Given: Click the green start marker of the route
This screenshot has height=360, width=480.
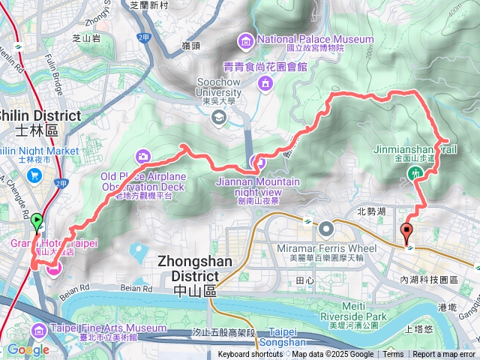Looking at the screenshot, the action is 36,222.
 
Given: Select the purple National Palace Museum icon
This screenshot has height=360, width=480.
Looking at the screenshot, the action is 245,39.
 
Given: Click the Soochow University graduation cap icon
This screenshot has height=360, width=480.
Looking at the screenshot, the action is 218,116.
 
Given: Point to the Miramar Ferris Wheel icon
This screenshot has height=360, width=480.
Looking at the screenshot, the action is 325,228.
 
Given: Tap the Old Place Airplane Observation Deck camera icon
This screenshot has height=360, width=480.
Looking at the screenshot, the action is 142,156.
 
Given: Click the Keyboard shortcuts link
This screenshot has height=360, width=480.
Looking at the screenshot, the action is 250,355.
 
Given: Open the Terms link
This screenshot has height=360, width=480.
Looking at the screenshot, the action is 392,355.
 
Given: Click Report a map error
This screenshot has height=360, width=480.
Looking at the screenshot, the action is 443,355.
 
